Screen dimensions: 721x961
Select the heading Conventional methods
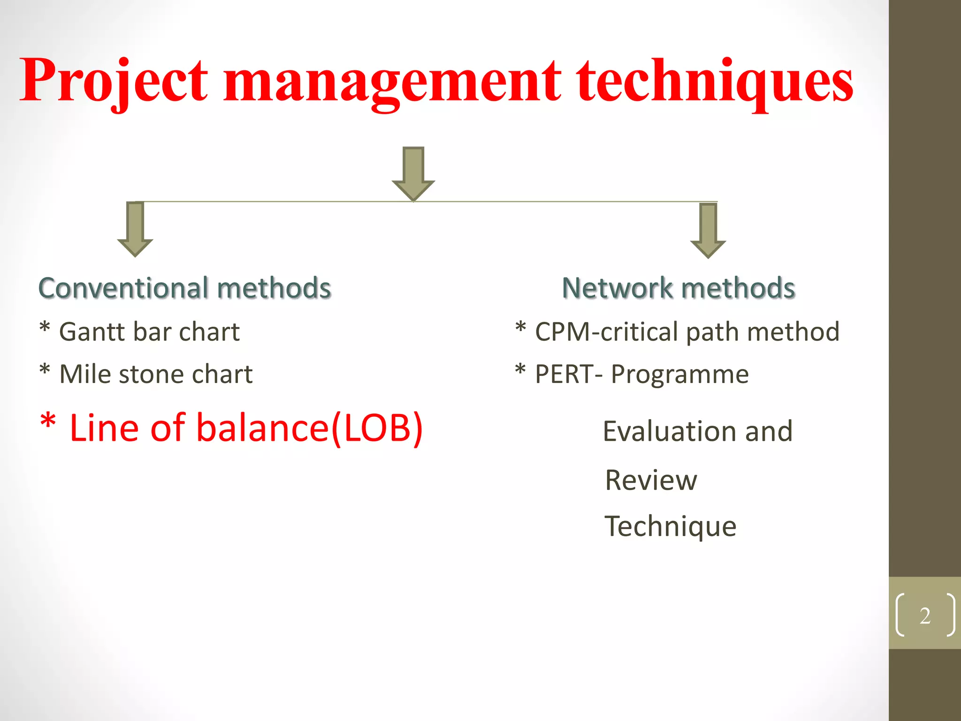click(184, 288)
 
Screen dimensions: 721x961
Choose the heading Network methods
click(679, 288)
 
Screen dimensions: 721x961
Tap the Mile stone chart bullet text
click(156, 374)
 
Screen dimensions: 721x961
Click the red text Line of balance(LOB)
click(245, 428)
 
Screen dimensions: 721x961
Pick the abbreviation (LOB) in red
click(377, 428)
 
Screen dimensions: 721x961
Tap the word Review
click(651, 480)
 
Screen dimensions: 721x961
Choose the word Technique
click(671, 526)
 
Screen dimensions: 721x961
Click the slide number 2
click(925, 615)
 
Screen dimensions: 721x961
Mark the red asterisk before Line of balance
click(48, 421)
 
